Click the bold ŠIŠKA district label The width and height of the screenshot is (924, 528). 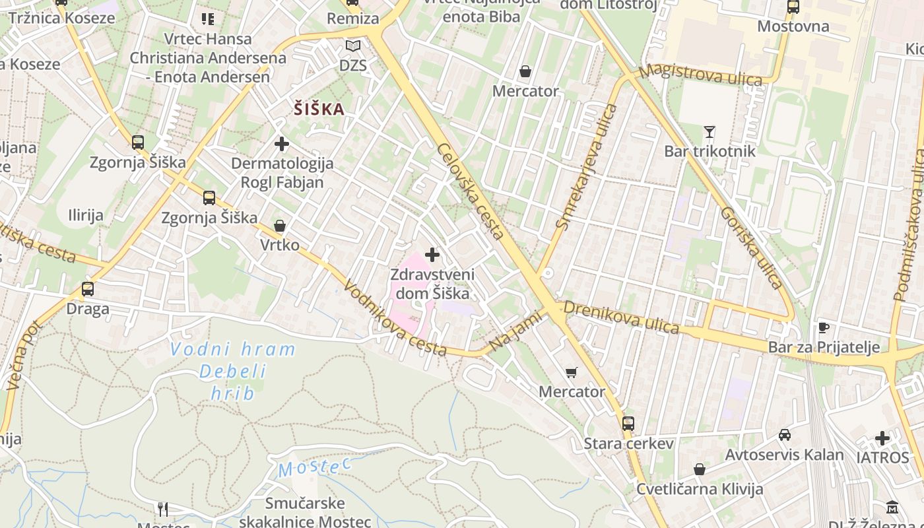tap(319, 109)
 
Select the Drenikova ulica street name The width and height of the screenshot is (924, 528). tap(621, 317)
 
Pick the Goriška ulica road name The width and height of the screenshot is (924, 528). tap(751, 248)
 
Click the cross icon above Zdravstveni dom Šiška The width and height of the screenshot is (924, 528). tap(432, 254)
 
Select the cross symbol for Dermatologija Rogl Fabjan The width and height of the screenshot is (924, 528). tap(282, 143)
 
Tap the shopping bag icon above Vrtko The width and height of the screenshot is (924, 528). tap(280, 226)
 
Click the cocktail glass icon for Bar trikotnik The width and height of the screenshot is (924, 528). tap(709, 132)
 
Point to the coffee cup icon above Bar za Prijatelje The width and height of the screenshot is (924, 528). tap(823, 327)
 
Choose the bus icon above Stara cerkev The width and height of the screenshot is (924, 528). tap(628, 423)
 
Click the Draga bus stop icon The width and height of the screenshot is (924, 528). tap(88, 288)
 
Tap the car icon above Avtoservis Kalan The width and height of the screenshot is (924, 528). tap(784, 434)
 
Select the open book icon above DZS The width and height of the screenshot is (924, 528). tap(353, 46)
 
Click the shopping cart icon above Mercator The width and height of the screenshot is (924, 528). tap(572, 372)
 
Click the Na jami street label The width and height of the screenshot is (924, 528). tap(515, 332)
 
